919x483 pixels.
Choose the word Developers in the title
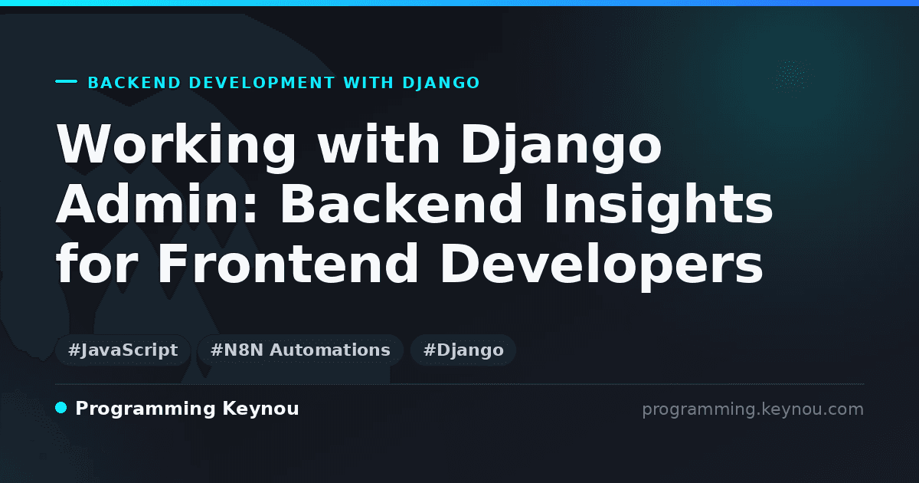pyautogui.click(x=601, y=267)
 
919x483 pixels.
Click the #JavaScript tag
pyautogui.click(x=123, y=350)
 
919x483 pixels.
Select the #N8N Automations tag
pyautogui.click(x=300, y=350)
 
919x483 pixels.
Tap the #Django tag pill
pyautogui.click(x=463, y=350)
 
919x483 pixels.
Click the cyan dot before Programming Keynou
pyautogui.click(x=61, y=408)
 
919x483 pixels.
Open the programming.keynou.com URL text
pyautogui.click(x=753, y=409)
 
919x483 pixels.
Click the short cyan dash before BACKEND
pyautogui.click(x=66, y=81)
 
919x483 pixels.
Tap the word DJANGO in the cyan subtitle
pyautogui.click(x=441, y=83)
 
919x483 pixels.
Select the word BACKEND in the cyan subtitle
pyautogui.click(x=134, y=83)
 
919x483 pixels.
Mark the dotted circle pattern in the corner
pyautogui.click(x=791, y=75)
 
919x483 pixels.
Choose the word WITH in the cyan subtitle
pyautogui.click(x=368, y=83)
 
